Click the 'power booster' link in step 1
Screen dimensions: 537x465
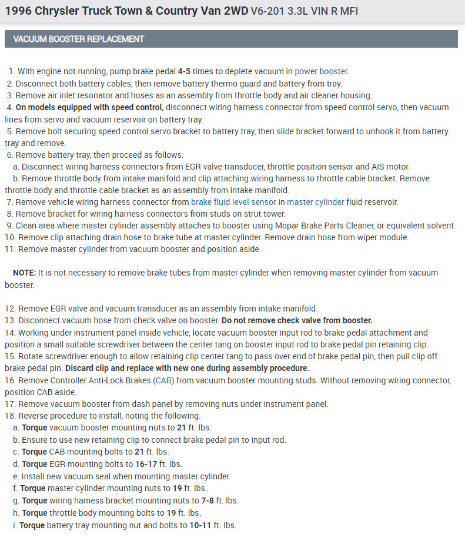coord(322,71)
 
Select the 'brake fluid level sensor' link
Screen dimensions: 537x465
coord(236,202)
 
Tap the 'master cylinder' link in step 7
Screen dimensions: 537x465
coord(316,202)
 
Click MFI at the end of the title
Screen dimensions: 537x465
coord(347,11)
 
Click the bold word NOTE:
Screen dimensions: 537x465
coord(24,273)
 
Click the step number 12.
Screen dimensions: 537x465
coord(10,309)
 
